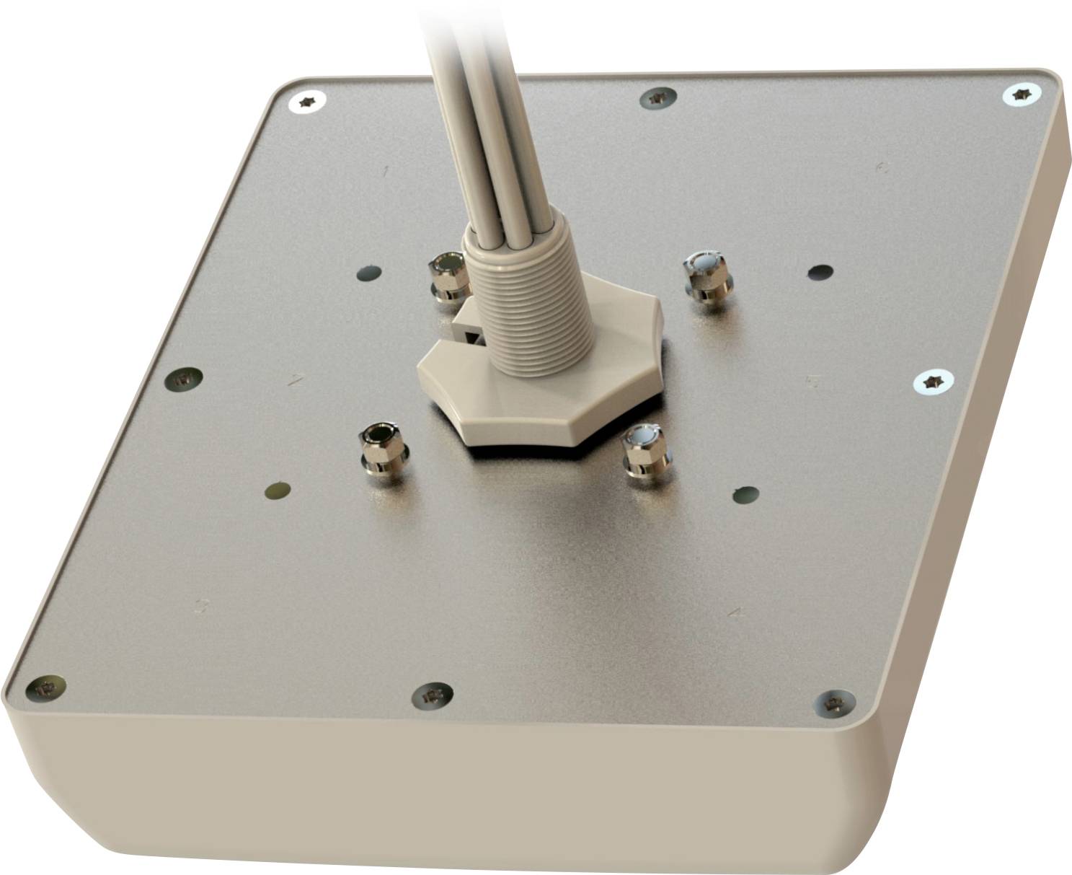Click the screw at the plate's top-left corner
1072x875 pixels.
pyautogui.click(x=307, y=102)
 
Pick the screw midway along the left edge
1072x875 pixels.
pyautogui.click(x=184, y=377)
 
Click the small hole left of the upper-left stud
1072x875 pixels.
pyautogui.click(x=368, y=273)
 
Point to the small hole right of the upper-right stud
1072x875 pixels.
pyautogui.click(x=820, y=272)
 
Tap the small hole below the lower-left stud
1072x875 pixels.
pyautogui.click(x=277, y=491)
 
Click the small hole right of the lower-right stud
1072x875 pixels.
pyautogui.click(x=745, y=495)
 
